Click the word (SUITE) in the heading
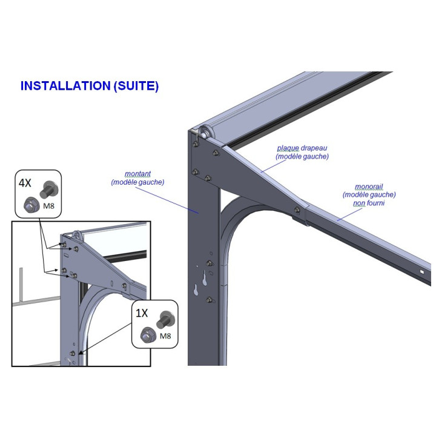pos(136,86)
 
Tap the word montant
pos(137,174)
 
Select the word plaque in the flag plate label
pos(289,148)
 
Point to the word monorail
pos(369,187)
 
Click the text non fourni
pos(369,203)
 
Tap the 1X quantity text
pos(142,313)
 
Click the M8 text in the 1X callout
pos(165,335)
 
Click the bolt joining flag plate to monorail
pos(297,210)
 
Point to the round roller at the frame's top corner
pos(203,133)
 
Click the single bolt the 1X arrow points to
pos(73,353)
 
